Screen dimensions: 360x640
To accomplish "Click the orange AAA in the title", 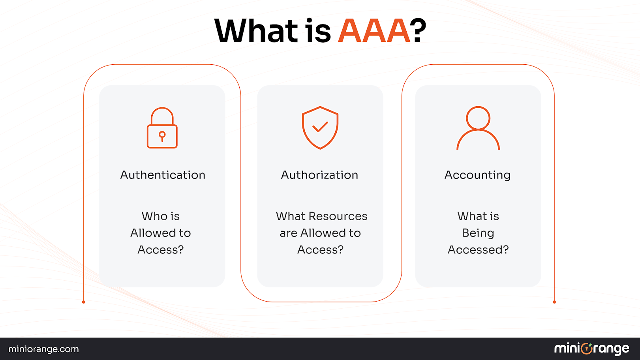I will (x=374, y=31).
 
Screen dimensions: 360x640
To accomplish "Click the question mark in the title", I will (x=418, y=31).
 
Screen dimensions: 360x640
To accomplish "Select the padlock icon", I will (x=162, y=128).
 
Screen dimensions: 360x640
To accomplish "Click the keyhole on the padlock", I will (x=162, y=136).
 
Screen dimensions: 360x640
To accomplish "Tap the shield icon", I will (x=320, y=127).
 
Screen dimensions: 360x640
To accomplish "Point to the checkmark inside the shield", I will (x=320, y=127).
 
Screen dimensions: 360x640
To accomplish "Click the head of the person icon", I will (x=478, y=118).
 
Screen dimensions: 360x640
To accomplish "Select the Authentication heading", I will (x=163, y=175).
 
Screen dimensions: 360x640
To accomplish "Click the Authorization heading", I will (x=319, y=175).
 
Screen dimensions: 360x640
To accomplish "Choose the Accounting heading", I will (x=477, y=175).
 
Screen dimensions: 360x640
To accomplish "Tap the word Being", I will (x=478, y=233).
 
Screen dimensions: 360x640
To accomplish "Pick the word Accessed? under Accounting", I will (x=478, y=250).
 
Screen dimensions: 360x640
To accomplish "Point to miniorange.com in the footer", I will (x=43, y=349).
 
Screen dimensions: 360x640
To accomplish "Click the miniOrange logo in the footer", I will (x=591, y=349).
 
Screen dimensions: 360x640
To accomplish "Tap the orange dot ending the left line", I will (x=84, y=302).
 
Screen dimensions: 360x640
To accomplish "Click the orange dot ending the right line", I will (x=554, y=302).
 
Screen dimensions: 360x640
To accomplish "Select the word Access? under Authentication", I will (x=161, y=250).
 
